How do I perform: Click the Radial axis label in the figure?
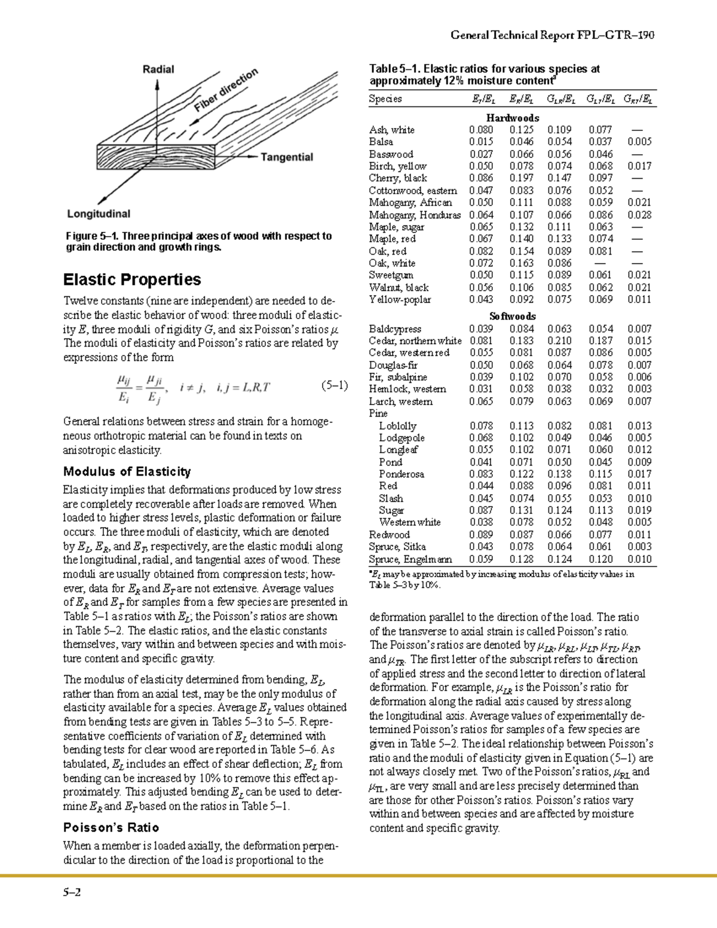tap(158, 69)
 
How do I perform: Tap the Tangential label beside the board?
tap(287, 157)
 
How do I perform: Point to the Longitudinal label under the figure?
tap(99, 214)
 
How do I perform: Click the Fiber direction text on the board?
tap(226, 90)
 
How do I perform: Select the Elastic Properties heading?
tap(132, 280)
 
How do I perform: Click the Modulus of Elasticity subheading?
tap(127, 471)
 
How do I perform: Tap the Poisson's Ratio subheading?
tap(111, 828)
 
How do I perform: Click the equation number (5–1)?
tap(334, 385)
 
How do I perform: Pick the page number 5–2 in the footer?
tap(72, 893)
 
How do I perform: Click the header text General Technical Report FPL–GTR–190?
tap(553, 35)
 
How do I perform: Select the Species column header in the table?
tap(385, 99)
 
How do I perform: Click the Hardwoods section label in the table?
tap(512, 118)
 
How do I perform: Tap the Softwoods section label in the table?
tap(512, 316)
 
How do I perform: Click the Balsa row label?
tap(381, 142)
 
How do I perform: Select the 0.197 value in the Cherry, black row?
tap(522, 178)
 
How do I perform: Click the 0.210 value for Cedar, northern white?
tap(559, 341)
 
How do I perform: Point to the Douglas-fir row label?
tap(393, 365)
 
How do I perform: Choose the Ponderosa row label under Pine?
tap(402, 474)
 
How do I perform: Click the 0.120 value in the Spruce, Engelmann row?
tap(600, 559)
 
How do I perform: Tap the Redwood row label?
tap(389, 535)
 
